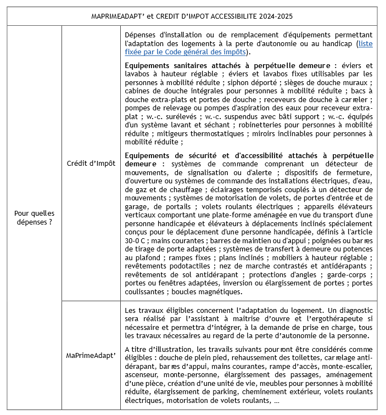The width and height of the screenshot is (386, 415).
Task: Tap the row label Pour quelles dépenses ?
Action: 35,218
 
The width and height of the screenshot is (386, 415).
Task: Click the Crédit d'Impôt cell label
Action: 91,164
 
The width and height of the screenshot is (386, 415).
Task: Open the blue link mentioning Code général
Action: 187,52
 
